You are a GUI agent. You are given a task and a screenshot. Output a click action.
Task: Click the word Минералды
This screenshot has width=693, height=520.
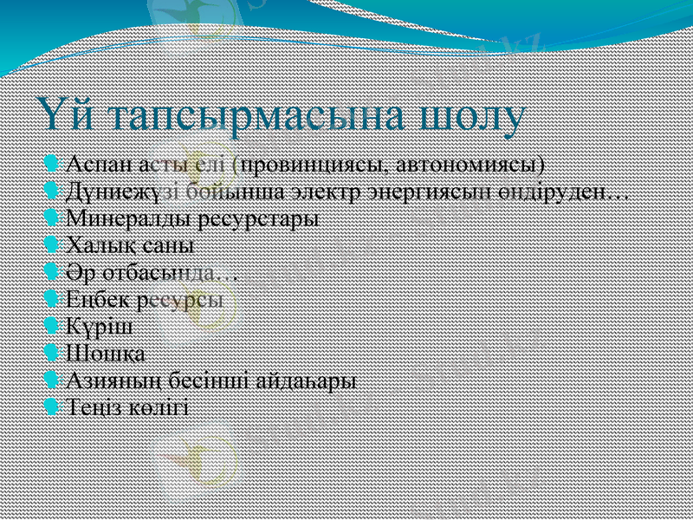[111, 218]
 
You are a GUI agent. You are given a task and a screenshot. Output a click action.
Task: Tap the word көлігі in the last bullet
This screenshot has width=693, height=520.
[159, 407]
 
